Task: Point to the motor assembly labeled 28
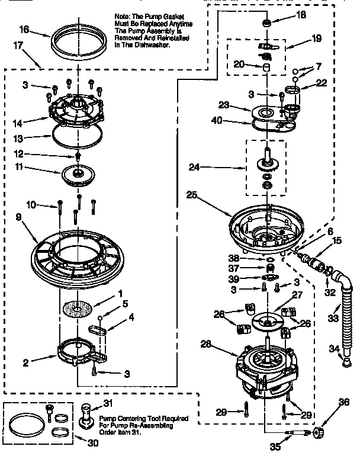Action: [264, 370]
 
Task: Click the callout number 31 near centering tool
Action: [107, 404]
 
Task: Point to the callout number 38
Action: [234, 258]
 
